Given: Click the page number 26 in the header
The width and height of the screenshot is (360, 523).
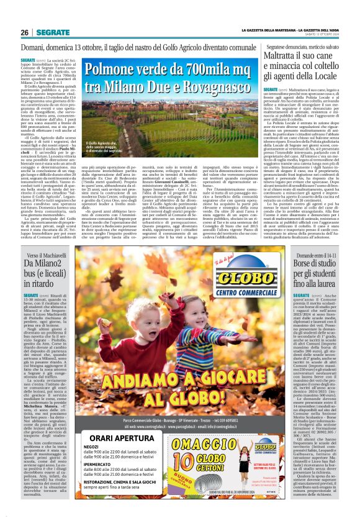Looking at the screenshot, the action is [25, 32].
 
